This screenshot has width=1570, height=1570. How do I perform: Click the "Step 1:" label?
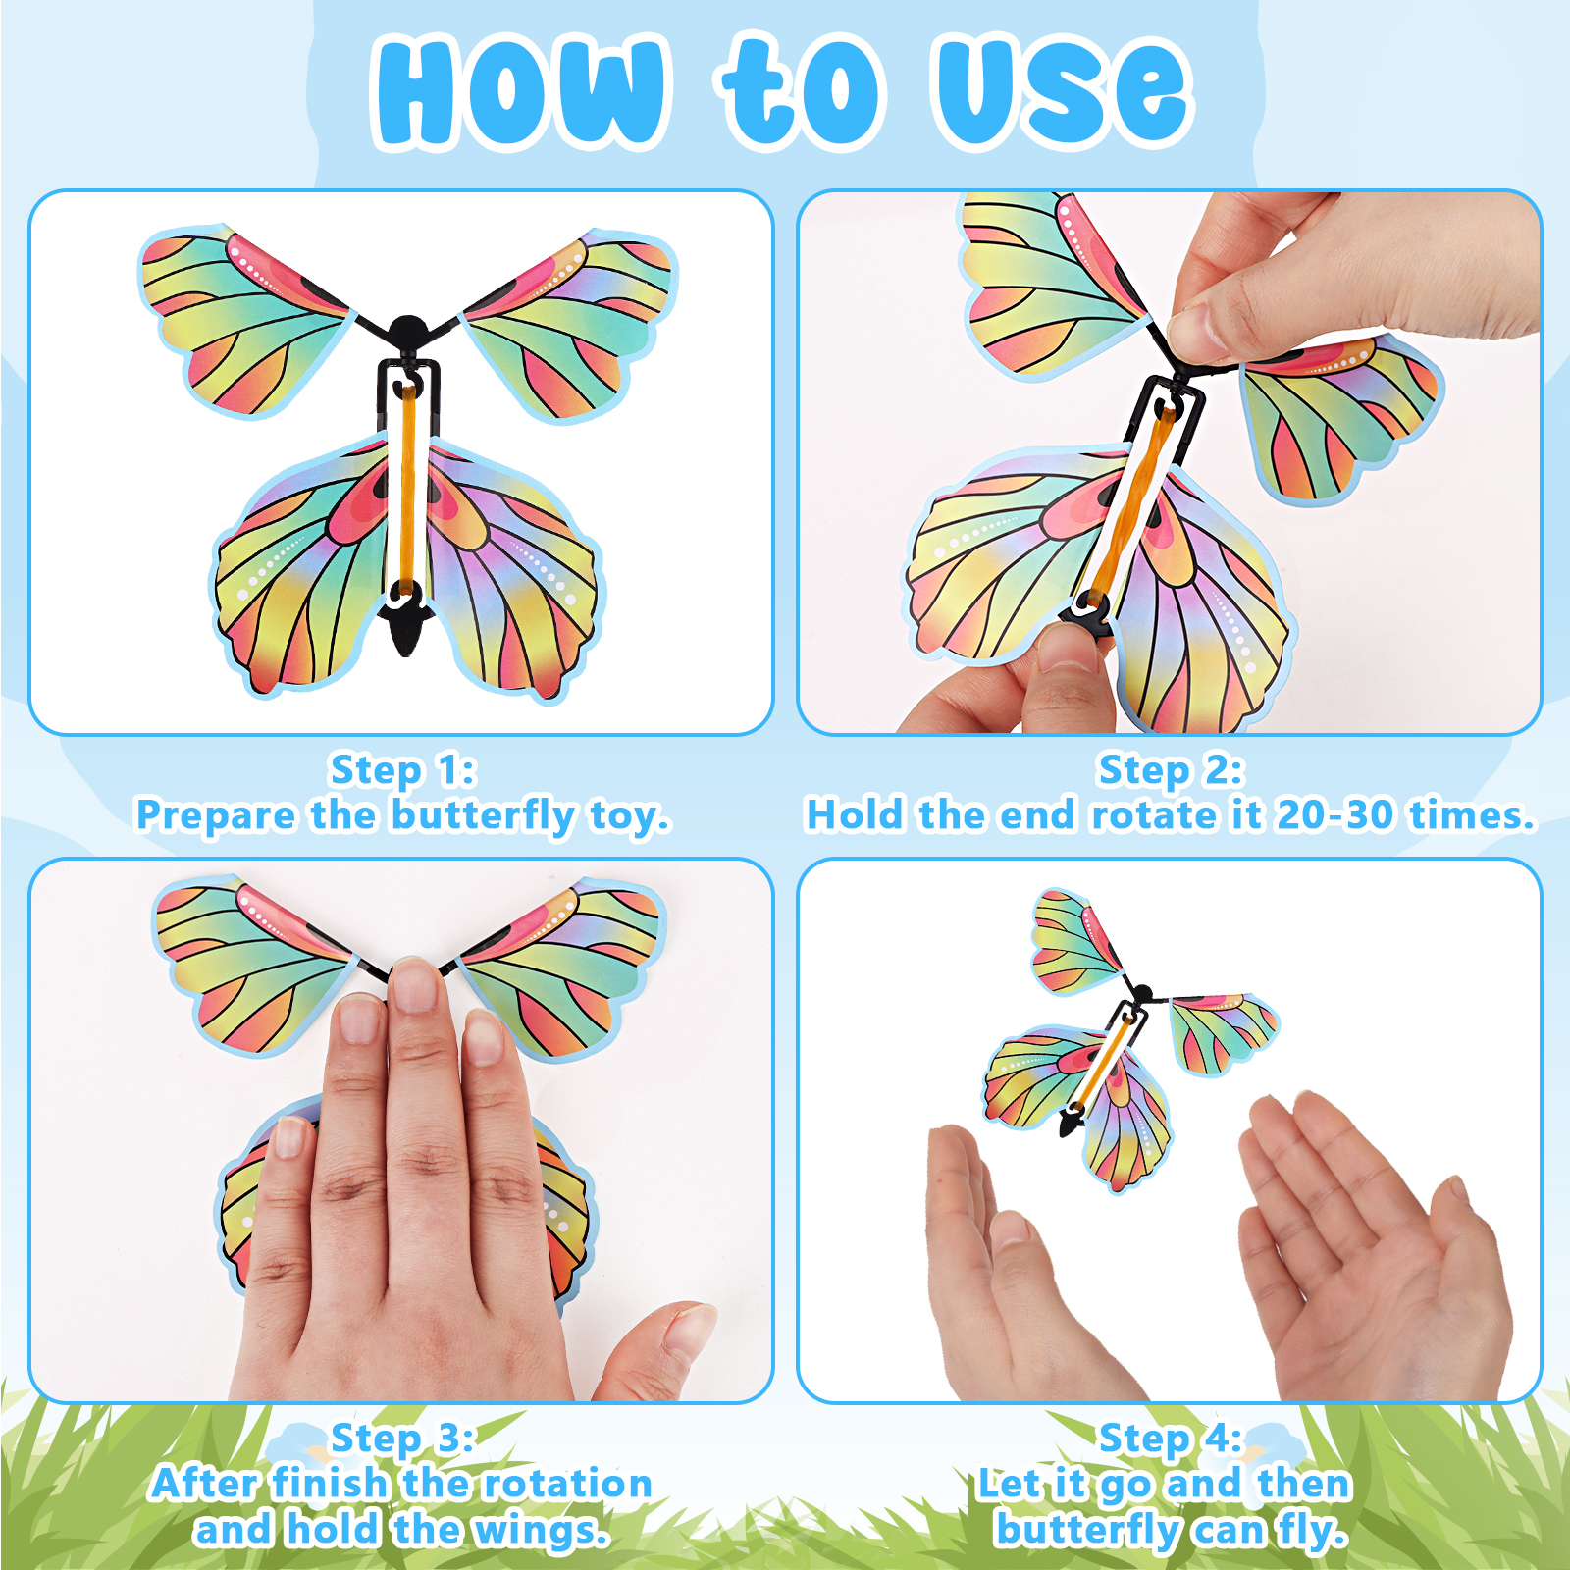point(402,771)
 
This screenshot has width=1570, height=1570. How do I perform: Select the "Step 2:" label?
point(1171,771)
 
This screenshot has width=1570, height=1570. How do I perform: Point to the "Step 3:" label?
point(402,1439)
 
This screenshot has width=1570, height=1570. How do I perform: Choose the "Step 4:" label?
point(1171,1439)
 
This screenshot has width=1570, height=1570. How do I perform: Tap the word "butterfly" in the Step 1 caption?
point(483,816)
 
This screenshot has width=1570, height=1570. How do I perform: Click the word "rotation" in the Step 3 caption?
point(570,1484)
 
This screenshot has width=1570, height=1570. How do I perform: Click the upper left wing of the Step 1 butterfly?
point(244,314)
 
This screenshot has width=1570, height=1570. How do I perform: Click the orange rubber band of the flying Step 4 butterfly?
point(1104,1065)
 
